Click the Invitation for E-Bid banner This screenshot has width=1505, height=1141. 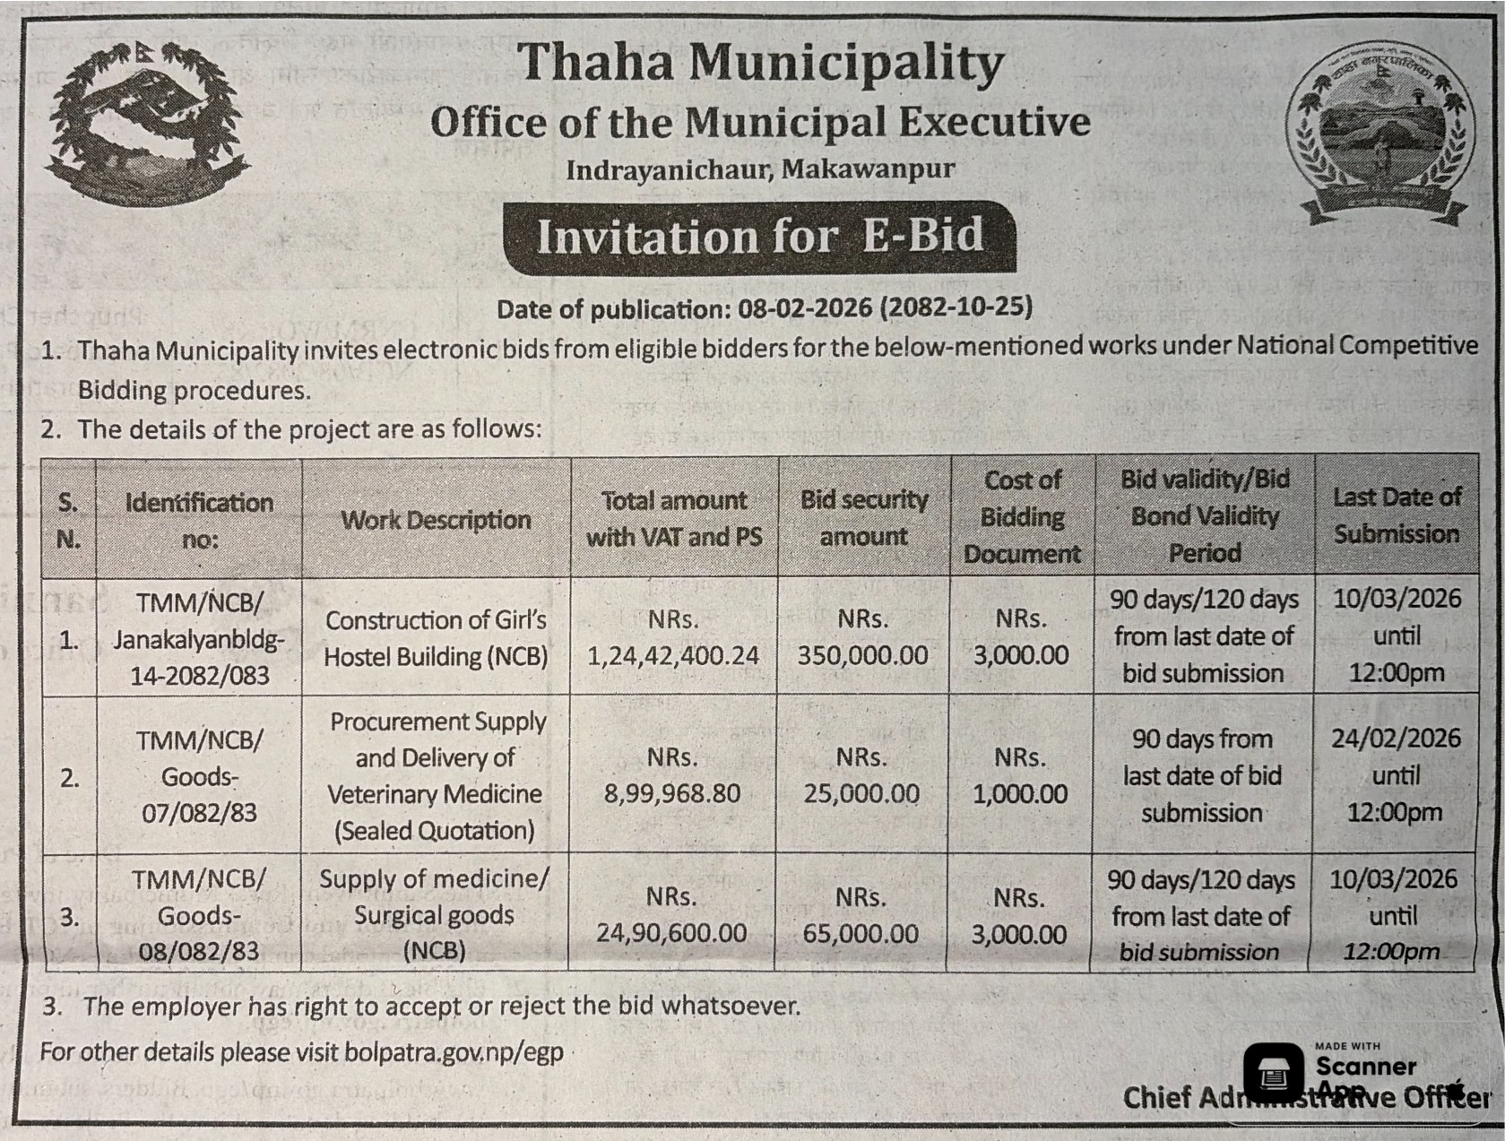click(759, 237)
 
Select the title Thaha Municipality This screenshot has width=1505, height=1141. click(760, 65)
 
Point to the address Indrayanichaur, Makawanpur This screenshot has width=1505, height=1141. click(759, 169)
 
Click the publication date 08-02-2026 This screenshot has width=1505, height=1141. click(804, 308)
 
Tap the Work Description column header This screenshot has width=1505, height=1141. click(436, 520)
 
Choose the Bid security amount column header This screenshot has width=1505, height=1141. click(863, 517)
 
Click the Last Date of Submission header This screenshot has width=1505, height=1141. click(1396, 515)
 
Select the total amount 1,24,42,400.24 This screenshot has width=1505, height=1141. click(673, 655)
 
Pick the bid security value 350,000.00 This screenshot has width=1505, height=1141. click(862, 655)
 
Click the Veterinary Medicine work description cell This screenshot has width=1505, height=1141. click(436, 776)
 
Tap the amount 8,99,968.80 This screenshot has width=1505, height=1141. click(672, 793)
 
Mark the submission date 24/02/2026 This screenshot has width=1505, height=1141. click(1396, 739)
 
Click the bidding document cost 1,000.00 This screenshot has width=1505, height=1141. click(1020, 793)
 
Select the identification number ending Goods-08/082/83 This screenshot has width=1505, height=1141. click(198, 915)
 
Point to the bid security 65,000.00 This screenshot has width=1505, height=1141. click(861, 934)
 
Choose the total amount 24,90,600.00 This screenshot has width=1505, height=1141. click(671, 933)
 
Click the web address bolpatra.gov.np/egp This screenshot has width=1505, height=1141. click(454, 1051)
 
